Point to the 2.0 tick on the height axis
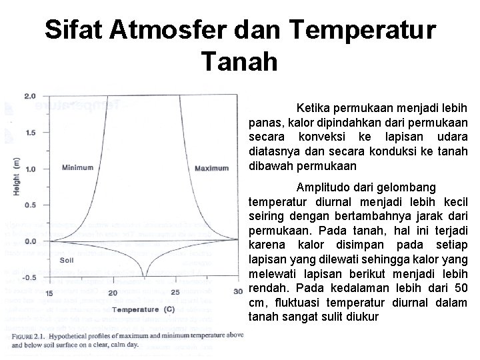click(x=30, y=96)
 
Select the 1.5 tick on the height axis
click(x=30, y=133)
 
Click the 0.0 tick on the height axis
click(x=30, y=241)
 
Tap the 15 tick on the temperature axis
click(x=50, y=293)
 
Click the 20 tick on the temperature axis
click(x=113, y=293)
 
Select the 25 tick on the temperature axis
click(x=175, y=293)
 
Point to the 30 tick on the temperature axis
click(x=238, y=293)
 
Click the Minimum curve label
click(x=77, y=167)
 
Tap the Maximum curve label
click(x=211, y=168)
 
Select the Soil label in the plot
click(x=66, y=260)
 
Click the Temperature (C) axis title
click(x=143, y=309)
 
